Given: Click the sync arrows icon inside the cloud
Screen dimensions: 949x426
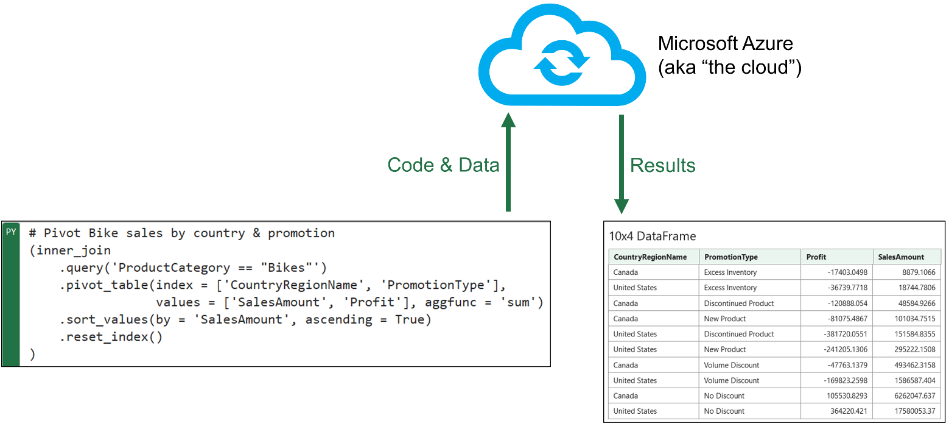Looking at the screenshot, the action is click(x=562, y=63).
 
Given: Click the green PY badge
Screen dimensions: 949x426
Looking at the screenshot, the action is click(x=11, y=232).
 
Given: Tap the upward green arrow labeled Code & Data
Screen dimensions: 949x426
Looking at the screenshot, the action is click(x=508, y=162).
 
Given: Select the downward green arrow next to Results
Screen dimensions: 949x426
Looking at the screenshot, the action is click(x=622, y=164).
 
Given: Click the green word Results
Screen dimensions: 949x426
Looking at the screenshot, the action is click(x=663, y=165).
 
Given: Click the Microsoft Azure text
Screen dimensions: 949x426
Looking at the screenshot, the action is click(x=726, y=43).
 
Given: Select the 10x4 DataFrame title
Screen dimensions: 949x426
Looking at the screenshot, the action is click(x=653, y=236).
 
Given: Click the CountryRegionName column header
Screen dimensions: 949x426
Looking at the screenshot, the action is click(x=650, y=257).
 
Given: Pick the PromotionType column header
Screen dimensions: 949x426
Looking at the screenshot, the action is click(x=731, y=257).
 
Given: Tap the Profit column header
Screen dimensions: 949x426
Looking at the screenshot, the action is click(x=816, y=257).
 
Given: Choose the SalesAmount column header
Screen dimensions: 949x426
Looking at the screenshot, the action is click(x=901, y=257).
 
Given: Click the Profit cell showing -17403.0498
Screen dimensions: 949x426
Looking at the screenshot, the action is click(x=847, y=272).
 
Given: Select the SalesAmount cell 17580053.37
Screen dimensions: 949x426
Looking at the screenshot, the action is click(x=915, y=411).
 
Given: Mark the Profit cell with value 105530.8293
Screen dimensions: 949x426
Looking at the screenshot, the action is click(x=847, y=396).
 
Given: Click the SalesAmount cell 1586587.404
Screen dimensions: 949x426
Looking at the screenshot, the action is click(x=915, y=380).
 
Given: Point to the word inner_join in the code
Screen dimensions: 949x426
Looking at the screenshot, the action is click(x=73, y=250).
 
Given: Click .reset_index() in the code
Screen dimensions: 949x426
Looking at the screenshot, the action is click(x=111, y=337).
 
